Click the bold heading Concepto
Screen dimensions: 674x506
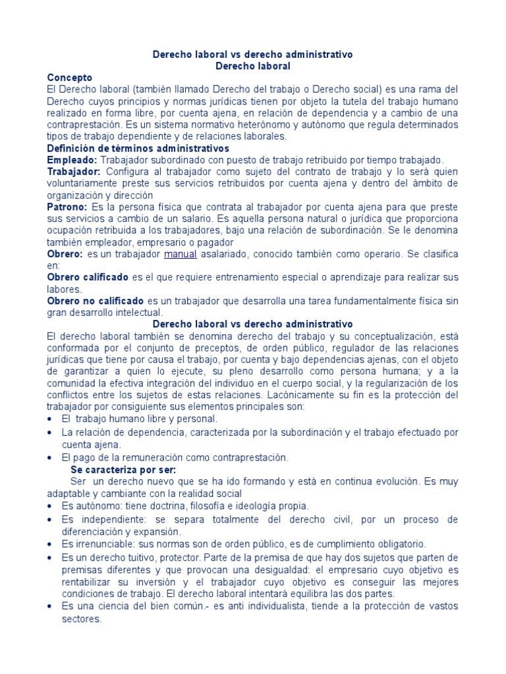74,77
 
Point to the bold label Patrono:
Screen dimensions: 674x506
69,207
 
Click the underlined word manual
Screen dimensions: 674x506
181,254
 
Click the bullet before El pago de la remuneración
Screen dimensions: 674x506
51,457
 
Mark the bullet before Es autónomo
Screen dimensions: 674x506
51,507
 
